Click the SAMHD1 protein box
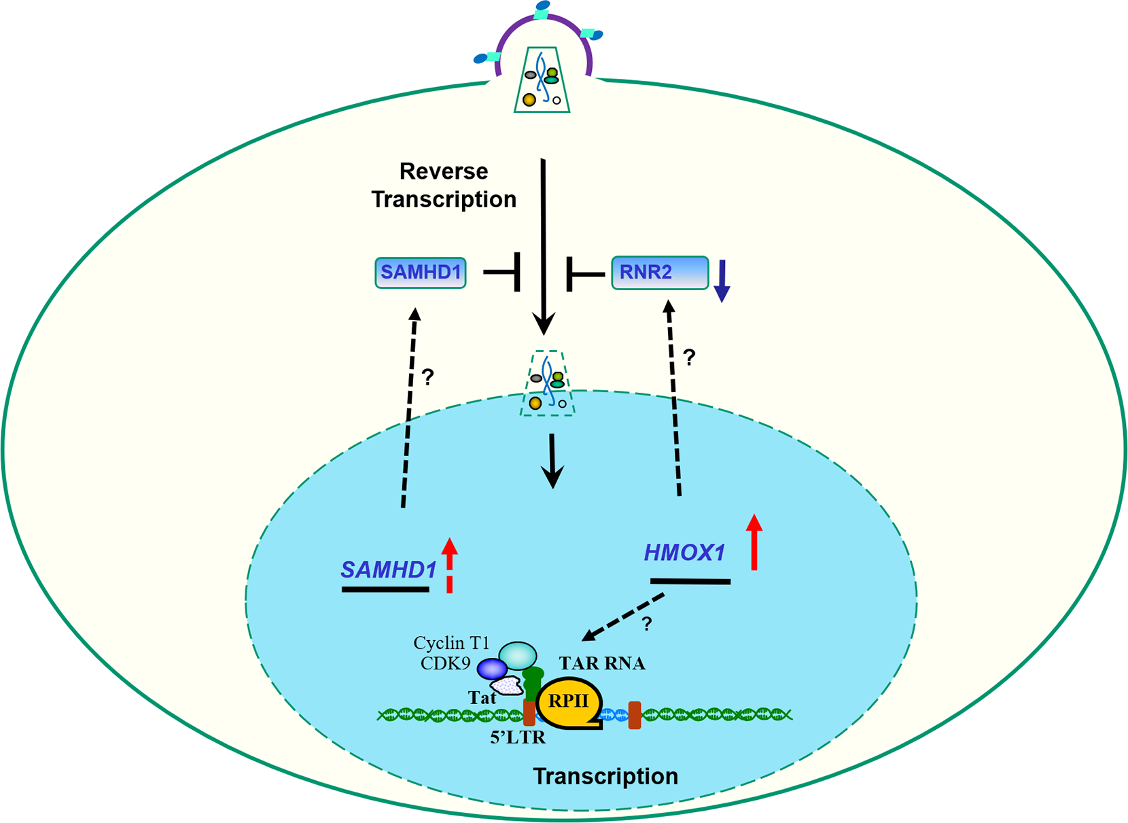[x=421, y=273]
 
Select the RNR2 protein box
[x=660, y=273]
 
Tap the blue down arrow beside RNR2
[x=722, y=280]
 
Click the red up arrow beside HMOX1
[x=754, y=542]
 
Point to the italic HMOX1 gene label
[x=684, y=553]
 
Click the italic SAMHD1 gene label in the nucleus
[x=388, y=570]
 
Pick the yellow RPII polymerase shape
[x=569, y=702]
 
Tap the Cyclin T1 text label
[x=451, y=643]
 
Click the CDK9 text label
[x=445, y=663]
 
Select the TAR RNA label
[x=602, y=663]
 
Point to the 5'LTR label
[x=518, y=737]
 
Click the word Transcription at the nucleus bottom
[x=605, y=776]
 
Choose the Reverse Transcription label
[x=444, y=185]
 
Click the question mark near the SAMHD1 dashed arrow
[x=427, y=377]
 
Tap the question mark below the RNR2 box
[x=689, y=357]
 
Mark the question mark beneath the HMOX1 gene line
[x=646, y=624]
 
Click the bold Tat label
[x=482, y=697]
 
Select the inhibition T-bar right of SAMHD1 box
[x=504, y=272]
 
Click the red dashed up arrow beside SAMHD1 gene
[x=449, y=564]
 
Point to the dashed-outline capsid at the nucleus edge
[x=548, y=383]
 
